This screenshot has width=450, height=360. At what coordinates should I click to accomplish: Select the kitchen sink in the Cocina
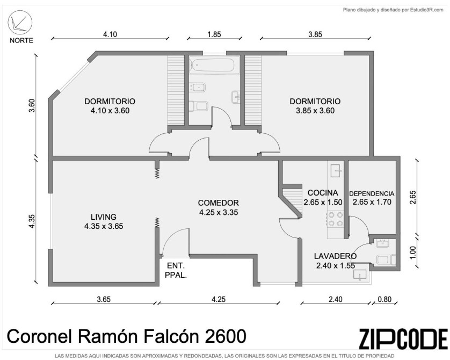[336, 171]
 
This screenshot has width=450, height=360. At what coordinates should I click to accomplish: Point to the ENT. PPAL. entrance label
[176, 270]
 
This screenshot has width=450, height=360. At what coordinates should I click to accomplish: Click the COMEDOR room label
[219, 203]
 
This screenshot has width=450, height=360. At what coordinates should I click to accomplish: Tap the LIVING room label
[104, 217]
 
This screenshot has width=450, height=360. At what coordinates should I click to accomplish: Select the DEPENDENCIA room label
[372, 193]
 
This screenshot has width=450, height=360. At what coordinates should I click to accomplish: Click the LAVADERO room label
[335, 256]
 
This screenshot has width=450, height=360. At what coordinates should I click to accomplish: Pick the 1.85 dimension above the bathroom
[214, 34]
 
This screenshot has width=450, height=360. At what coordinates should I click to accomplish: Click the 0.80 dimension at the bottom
[384, 299]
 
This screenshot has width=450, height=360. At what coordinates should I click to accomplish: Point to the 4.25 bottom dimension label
[219, 299]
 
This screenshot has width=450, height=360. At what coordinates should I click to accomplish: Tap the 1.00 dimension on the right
[413, 253]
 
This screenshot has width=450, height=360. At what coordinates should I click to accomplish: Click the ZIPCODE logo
[403, 339]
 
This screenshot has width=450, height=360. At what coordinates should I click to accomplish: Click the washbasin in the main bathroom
[236, 97]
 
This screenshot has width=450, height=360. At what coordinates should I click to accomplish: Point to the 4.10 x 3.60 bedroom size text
[110, 111]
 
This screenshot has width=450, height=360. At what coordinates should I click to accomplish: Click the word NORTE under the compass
[21, 40]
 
